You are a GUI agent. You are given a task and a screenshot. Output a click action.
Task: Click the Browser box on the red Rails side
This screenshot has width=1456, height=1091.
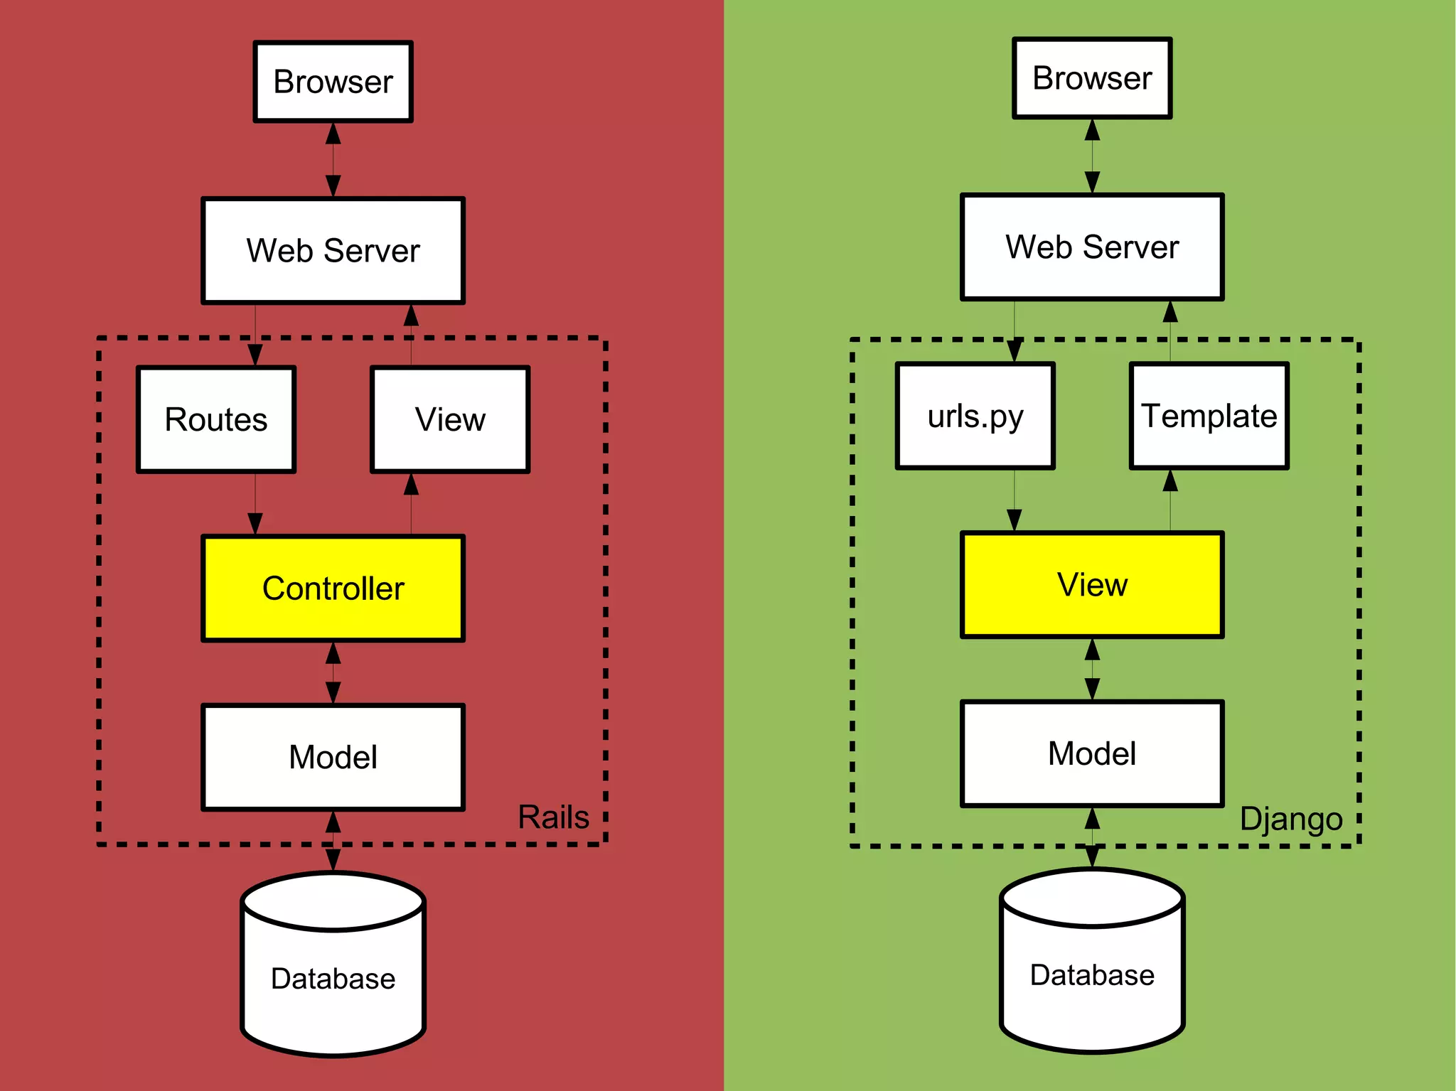click(x=333, y=82)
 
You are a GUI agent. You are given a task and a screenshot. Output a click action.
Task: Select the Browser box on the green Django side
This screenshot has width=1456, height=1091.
click(x=1092, y=78)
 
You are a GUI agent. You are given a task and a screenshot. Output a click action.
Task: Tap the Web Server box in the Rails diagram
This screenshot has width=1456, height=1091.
click(x=333, y=250)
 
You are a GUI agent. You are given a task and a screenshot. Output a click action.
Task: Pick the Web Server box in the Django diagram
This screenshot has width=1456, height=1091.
click(x=1092, y=247)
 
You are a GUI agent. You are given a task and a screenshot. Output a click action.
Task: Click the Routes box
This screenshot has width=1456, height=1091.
click(x=216, y=419)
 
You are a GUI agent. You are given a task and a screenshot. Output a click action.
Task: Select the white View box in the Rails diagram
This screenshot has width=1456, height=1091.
click(x=450, y=419)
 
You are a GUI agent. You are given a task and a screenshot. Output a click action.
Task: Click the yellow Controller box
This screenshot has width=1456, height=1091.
click(x=333, y=588)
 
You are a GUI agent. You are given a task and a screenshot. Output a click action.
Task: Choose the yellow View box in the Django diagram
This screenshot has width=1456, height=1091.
click(x=1092, y=584)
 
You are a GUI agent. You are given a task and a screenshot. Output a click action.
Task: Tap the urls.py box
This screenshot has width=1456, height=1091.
click(x=975, y=416)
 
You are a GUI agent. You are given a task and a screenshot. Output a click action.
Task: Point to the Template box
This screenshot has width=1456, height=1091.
click(x=1209, y=416)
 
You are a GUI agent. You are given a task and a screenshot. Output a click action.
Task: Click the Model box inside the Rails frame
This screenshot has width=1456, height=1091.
click(x=333, y=757)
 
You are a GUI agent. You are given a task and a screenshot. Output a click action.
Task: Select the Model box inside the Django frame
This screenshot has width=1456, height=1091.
click(x=1092, y=753)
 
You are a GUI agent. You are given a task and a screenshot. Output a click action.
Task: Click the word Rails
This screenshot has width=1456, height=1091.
click(x=553, y=817)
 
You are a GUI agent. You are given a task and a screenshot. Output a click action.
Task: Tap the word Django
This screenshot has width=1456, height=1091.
click(x=1290, y=819)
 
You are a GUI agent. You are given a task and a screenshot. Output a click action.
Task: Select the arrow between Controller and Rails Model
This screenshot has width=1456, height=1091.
click(x=333, y=672)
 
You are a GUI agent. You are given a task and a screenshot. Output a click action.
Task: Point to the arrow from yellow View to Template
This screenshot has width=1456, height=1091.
click(x=1170, y=500)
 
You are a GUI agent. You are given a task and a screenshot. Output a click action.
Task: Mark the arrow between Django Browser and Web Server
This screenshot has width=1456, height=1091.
click(x=1092, y=156)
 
